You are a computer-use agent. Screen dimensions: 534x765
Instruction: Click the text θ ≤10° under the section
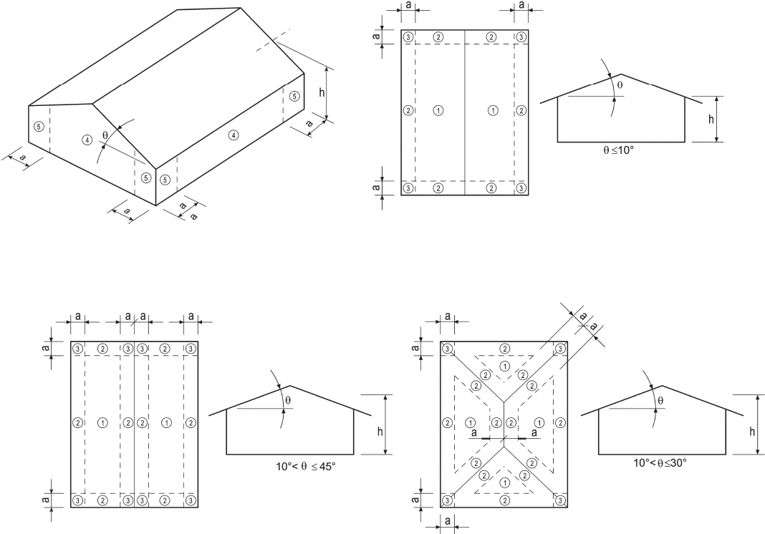coord(620,151)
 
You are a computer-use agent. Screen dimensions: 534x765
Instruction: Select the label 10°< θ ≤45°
coord(306,466)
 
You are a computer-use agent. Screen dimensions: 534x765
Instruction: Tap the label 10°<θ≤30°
coord(660,462)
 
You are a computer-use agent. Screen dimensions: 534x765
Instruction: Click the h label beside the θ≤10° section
coord(711,119)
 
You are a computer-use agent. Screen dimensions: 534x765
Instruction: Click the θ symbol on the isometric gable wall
coord(105,133)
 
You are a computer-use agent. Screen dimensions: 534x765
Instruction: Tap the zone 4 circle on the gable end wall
coord(87,140)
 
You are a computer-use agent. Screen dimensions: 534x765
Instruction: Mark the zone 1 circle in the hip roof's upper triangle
coord(505,366)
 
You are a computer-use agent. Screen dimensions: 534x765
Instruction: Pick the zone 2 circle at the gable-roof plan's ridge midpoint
coord(127,422)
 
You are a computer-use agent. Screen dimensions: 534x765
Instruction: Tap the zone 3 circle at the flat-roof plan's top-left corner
coord(408,37)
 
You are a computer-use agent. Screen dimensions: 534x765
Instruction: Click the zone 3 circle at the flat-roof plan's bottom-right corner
coord(521,188)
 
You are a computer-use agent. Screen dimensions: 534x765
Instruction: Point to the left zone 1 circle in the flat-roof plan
coord(438,110)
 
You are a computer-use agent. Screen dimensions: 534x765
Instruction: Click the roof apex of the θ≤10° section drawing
coord(620,74)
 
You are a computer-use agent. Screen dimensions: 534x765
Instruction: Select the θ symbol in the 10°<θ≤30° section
coord(660,401)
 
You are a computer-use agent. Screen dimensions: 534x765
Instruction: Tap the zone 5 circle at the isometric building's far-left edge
coord(39,126)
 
